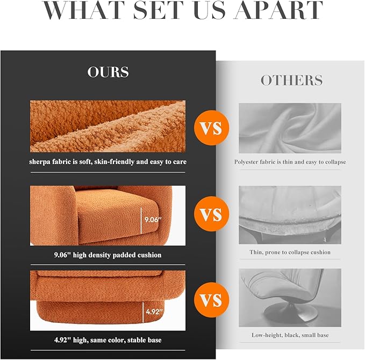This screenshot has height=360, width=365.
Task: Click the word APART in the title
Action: pyautogui.click(x=278, y=10)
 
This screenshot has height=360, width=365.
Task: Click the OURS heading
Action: pyautogui.click(x=108, y=72)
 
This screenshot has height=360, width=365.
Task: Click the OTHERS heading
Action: pyautogui.click(x=291, y=80)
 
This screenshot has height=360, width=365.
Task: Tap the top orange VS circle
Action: pyautogui.click(x=212, y=128)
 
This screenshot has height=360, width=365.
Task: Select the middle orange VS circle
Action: pyautogui.click(x=212, y=214)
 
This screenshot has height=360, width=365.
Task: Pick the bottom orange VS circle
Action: pyautogui.click(x=212, y=300)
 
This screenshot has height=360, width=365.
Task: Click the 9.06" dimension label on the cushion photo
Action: pyautogui.click(x=153, y=220)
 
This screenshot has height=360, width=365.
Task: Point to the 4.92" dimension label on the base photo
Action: pyautogui.click(x=154, y=312)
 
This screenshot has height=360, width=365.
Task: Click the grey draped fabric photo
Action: pyautogui.click(x=290, y=128)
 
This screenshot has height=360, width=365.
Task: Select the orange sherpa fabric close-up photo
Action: pyautogui.click(x=108, y=126)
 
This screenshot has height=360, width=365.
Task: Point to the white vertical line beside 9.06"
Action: pyautogui.click(x=141, y=221)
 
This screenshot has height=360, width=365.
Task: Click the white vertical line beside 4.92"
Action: pyautogui.click(x=143, y=312)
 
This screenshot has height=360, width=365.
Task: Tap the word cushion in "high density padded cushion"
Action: pyautogui.click(x=149, y=255)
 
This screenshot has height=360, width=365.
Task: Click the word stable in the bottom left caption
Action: pyautogui.click(x=136, y=340)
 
